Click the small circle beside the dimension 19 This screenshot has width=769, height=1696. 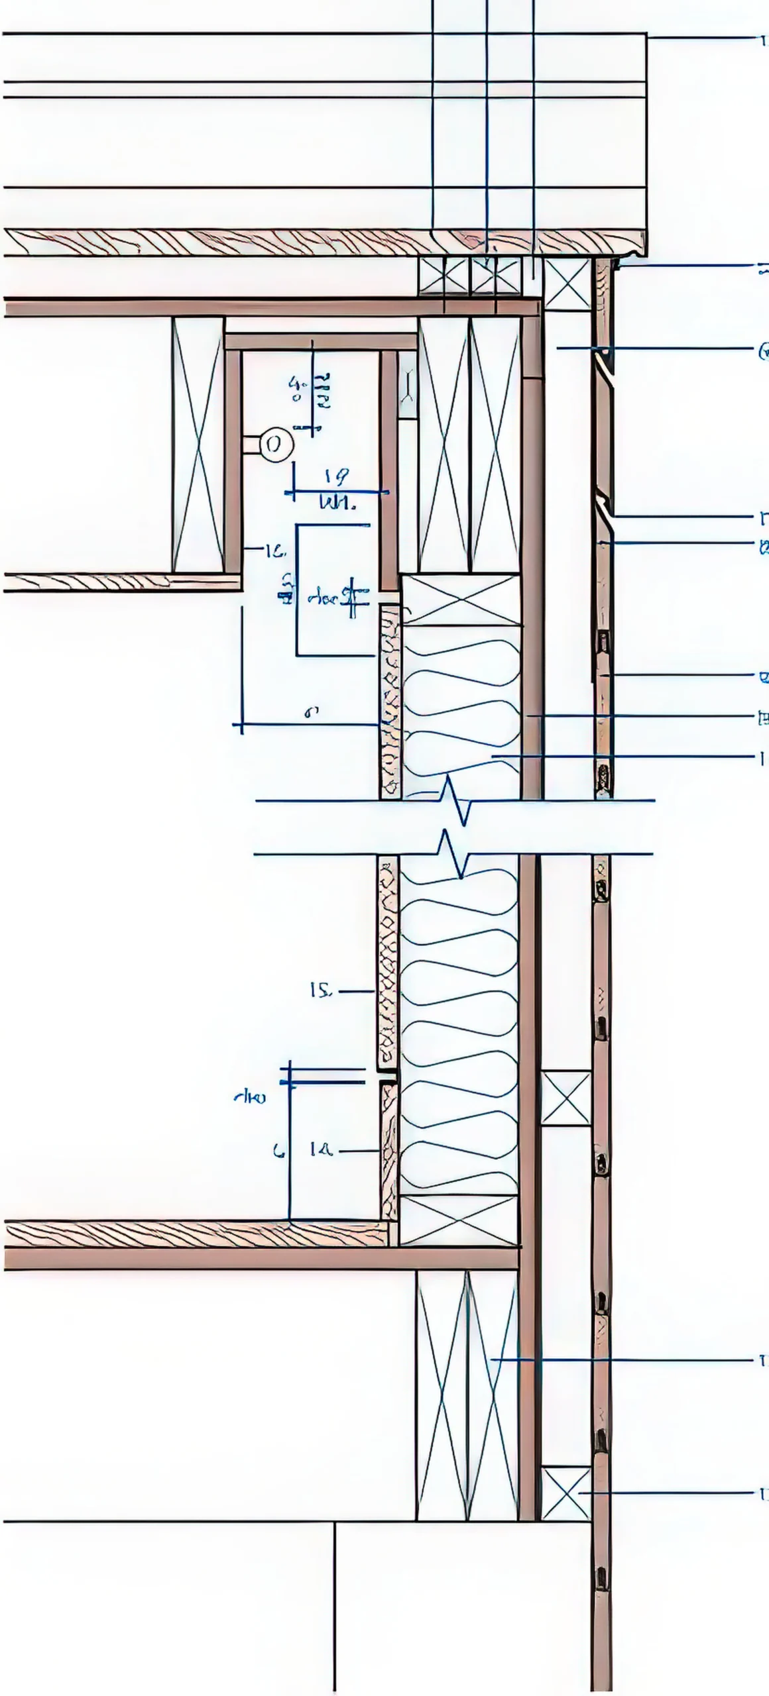(x=275, y=445)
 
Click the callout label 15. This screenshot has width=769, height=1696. (x=320, y=990)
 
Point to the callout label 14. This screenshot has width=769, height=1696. (x=320, y=1151)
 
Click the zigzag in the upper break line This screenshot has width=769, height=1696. (x=457, y=801)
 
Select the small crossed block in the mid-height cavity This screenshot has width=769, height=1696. (x=565, y=1097)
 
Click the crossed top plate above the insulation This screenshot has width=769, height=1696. (x=461, y=600)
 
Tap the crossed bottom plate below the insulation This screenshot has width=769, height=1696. (x=458, y=1220)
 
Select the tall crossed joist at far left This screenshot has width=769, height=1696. (x=198, y=445)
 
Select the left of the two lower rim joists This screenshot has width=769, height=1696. (x=442, y=1394)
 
